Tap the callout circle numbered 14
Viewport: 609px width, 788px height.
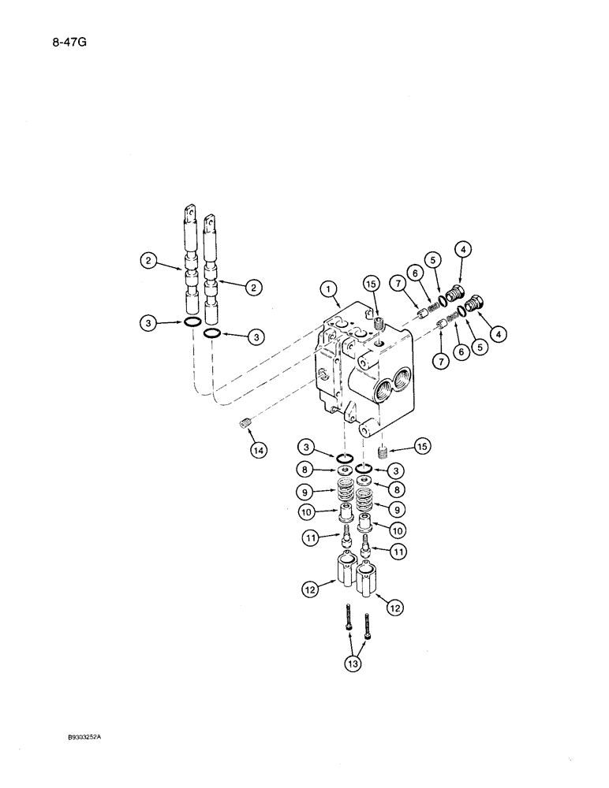coord(258,450)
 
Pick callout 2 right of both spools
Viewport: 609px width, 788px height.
coord(253,288)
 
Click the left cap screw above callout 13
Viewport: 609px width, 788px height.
coord(348,626)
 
